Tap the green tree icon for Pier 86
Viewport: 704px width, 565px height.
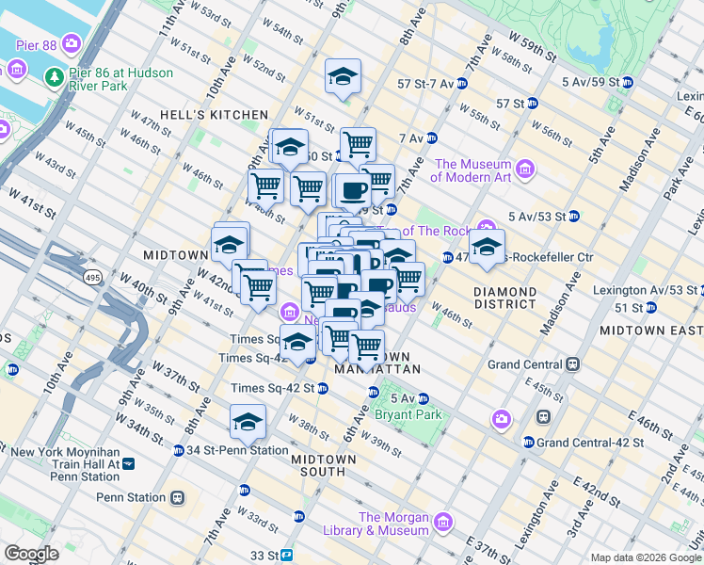(55, 76)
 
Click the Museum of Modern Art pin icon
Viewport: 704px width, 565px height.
(525, 170)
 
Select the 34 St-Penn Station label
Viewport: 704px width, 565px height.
(237, 450)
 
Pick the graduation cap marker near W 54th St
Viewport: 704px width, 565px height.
(344, 76)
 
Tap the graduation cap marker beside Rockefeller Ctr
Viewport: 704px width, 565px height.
(487, 247)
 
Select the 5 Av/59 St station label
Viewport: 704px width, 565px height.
(590, 82)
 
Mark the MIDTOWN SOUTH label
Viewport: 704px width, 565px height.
(323, 459)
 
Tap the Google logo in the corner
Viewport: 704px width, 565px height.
(31, 554)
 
